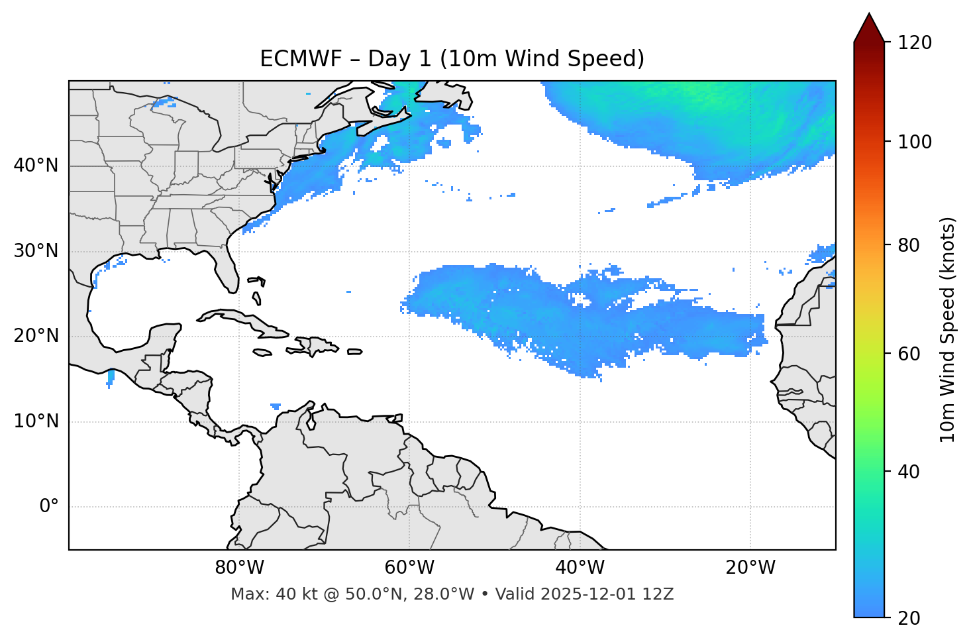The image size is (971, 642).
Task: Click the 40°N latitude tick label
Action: pos(36,166)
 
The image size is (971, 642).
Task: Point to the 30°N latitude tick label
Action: pos(36,251)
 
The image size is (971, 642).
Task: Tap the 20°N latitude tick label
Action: pos(36,337)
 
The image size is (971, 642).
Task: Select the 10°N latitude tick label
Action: pos(36,421)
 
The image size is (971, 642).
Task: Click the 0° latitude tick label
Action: pos(49,507)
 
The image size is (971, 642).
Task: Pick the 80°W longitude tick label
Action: pos(239,568)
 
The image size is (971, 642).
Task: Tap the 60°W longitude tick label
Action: pos(409,568)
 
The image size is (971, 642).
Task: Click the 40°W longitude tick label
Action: pos(580,568)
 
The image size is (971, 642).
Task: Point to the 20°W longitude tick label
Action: pos(750,568)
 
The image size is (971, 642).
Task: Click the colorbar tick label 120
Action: pos(914,43)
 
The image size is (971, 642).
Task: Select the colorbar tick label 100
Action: pos(914,142)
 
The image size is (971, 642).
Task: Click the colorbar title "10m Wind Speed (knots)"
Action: pos(948,330)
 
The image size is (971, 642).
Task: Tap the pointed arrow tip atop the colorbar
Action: pos(869,15)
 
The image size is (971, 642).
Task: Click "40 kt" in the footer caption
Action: pos(293,594)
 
